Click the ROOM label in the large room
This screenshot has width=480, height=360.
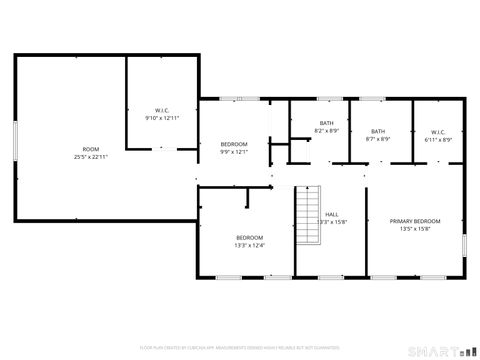click(x=91, y=149)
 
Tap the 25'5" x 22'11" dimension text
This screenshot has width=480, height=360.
click(x=91, y=157)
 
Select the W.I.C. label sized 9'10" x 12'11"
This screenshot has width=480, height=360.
click(x=162, y=110)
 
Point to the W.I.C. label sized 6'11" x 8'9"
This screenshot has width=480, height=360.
click(x=439, y=131)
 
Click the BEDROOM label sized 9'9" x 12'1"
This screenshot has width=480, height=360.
click(x=234, y=144)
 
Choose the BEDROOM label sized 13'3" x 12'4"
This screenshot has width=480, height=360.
click(x=248, y=237)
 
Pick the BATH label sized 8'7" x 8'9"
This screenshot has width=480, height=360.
click(x=378, y=131)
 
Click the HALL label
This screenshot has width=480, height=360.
click(x=332, y=215)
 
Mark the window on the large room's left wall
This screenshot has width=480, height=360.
click(x=15, y=139)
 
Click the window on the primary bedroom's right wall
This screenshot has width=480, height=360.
click(x=466, y=246)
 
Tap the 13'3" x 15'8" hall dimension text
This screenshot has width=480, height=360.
click(x=332, y=223)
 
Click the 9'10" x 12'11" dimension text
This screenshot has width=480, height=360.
click(x=162, y=118)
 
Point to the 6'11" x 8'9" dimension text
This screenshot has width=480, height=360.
click(x=439, y=139)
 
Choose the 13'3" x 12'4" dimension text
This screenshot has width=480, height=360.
click(x=248, y=245)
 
